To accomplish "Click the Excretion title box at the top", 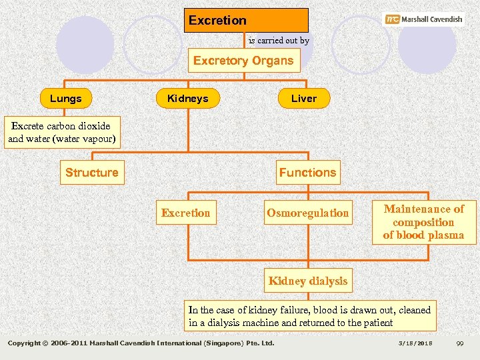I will tap(246, 20).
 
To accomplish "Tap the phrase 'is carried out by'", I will tap(279, 41).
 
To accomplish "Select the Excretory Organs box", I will tap(243, 61).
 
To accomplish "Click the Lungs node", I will tap(65, 99).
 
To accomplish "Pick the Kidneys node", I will tap(187, 99).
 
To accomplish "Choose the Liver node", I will tap(303, 99).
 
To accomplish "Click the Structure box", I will tap(91, 173).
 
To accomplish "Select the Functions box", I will tap(307, 173).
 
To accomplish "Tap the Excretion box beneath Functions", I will tap(185, 213).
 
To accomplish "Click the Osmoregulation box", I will tap(307, 213).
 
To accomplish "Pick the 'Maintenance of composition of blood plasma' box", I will tap(423, 222).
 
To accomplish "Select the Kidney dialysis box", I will tap(307, 281).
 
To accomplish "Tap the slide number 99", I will tap(459, 343).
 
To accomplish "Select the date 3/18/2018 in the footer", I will tap(416, 343).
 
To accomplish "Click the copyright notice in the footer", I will tap(141, 343).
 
